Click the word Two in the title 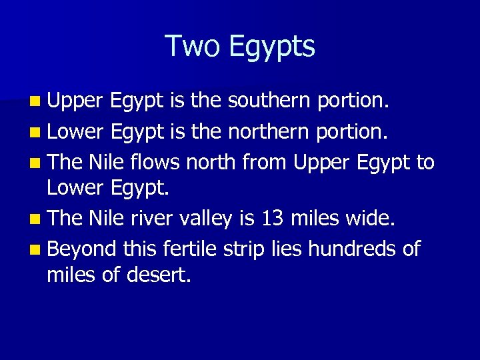[193, 46]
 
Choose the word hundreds [344, 249]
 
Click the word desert [159, 275]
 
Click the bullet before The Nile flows [34, 163]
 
